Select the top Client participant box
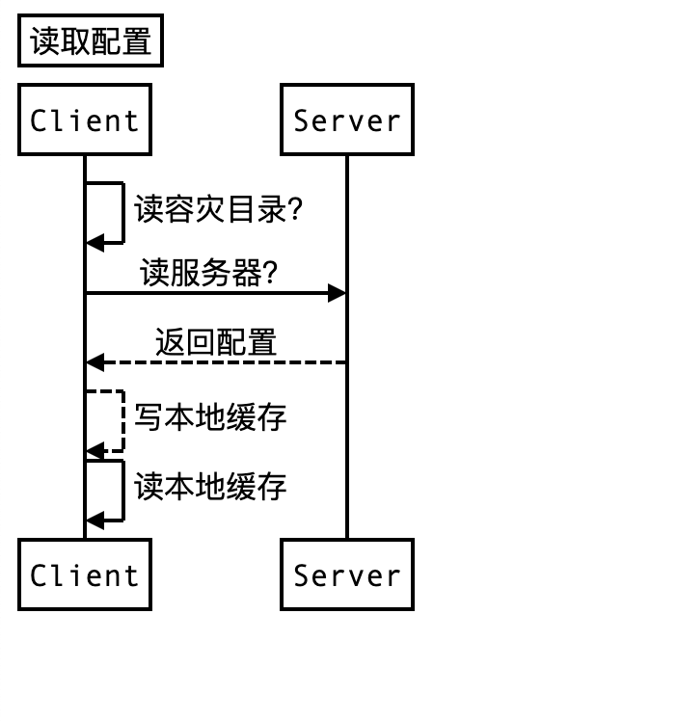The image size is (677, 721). click(85, 120)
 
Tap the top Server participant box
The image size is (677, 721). click(347, 120)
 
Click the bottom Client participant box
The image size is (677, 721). click(85, 575)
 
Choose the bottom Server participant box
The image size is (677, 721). click(347, 575)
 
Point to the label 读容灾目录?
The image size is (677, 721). click(219, 209)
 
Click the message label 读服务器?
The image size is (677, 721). click(209, 274)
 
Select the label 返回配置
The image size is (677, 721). click(216, 343)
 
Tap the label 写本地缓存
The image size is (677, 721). click(210, 417)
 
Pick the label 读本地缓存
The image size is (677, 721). click(210, 487)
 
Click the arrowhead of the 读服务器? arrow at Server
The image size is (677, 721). click(338, 293)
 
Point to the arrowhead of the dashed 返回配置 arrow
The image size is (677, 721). click(95, 362)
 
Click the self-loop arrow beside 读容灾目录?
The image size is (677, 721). click(122, 212)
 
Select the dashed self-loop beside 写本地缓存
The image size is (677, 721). click(122, 420)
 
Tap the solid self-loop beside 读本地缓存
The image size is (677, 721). click(122, 491)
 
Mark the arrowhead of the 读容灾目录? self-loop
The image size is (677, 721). click(95, 243)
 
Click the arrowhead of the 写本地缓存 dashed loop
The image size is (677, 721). click(95, 450)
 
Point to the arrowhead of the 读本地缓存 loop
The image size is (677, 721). click(95, 521)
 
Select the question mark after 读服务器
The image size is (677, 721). click(270, 275)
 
